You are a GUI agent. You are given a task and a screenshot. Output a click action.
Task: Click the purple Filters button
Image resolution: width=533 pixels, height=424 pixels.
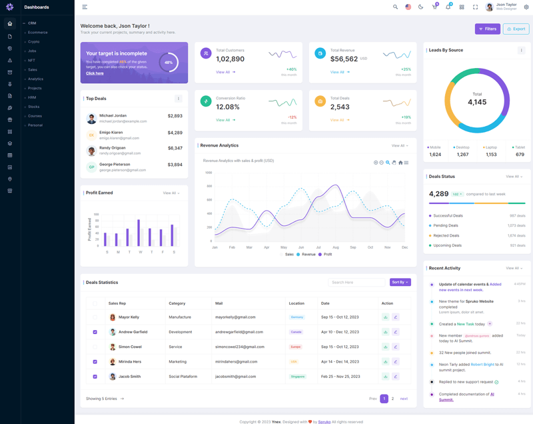[x=488, y=29]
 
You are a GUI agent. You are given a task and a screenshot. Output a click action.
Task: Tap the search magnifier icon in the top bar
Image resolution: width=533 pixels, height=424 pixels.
[x=395, y=7]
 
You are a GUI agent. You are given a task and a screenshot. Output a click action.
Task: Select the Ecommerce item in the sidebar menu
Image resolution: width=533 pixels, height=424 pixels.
[x=37, y=32]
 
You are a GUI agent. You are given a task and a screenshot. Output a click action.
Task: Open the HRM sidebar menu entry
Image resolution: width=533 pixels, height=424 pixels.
[x=32, y=97]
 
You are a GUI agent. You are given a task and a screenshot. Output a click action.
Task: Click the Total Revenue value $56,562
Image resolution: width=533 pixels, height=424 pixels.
[x=344, y=59]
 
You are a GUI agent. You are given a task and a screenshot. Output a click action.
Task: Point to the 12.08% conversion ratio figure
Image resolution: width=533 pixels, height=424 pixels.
[x=228, y=107]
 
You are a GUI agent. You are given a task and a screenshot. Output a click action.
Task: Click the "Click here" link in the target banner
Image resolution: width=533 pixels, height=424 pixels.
[x=95, y=73]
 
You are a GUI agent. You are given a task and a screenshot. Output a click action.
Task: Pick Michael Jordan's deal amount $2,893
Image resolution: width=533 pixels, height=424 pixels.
[x=175, y=116]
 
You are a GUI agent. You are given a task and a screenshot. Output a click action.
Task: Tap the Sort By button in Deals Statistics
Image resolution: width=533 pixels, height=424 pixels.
[x=400, y=282]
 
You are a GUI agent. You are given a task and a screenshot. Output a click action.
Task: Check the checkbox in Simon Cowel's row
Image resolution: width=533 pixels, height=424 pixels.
[x=95, y=347]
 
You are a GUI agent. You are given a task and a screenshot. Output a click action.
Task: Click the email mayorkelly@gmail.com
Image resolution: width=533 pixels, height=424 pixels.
[x=235, y=317]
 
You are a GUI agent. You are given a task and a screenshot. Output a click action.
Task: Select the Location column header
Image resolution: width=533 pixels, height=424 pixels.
[x=296, y=303]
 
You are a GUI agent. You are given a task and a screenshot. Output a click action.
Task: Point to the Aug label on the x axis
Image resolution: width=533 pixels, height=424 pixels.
[x=335, y=247]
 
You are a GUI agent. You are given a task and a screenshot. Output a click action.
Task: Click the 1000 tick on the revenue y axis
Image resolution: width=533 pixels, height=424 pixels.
[x=208, y=173]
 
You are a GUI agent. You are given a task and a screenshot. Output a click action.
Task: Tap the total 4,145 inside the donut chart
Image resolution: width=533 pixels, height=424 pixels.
[x=477, y=102]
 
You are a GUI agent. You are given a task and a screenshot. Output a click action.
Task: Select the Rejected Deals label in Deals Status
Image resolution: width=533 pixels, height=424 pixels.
[x=446, y=235]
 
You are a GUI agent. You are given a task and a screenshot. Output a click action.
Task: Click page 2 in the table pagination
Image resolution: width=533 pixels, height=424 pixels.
[x=392, y=399]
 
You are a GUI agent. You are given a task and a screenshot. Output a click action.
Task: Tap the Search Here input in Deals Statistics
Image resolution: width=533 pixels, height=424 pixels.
[x=356, y=282]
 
